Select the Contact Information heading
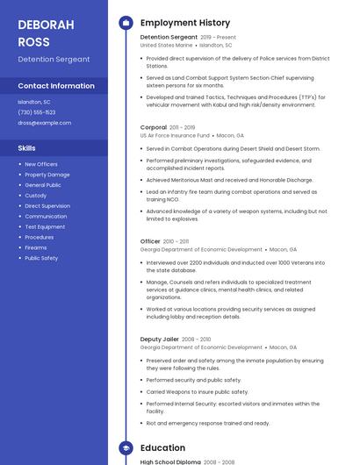point(56,86)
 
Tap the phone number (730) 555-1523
point(37,112)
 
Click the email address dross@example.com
point(44,123)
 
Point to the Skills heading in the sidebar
point(27,148)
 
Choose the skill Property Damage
point(47,175)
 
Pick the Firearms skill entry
point(36,247)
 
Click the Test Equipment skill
point(45,226)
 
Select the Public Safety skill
point(41,258)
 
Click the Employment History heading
point(185,23)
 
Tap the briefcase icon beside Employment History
point(126,23)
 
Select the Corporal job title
point(154,127)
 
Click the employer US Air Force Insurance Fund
point(176,136)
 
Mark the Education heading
point(162,447)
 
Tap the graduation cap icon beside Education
point(126,447)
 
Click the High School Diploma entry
point(170,461)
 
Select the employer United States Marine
point(166,46)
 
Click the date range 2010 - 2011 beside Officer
point(176,240)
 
